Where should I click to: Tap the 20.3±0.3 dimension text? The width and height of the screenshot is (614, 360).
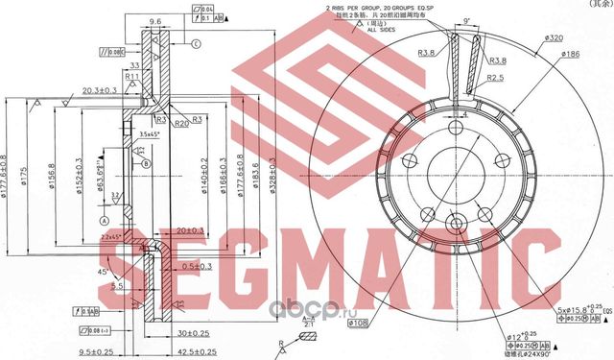[x=100, y=89]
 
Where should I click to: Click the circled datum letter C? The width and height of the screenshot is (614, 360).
[x=196, y=44]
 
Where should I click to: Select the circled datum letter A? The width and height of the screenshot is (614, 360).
[x=101, y=219]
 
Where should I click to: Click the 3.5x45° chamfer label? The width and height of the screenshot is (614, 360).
[x=147, y=132]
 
